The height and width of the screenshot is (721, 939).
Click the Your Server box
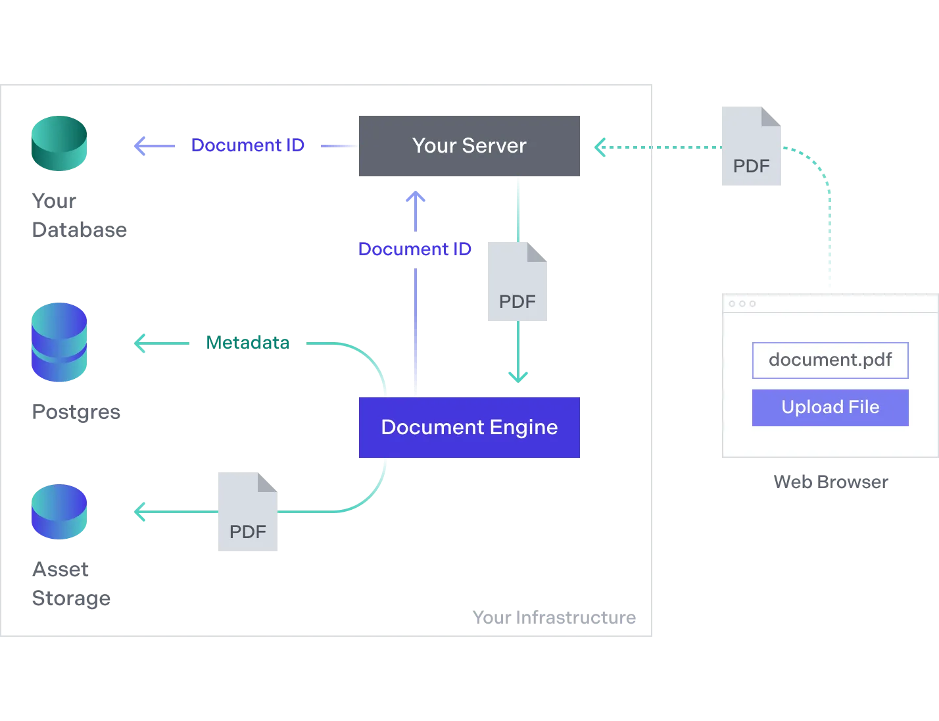tap(470, 147)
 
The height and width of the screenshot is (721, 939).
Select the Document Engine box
tap(470, 427)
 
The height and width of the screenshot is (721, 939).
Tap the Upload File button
tap(830, 407)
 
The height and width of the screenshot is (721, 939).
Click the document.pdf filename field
tap(830, 360)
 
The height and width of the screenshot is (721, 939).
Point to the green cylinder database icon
tap(60, 144)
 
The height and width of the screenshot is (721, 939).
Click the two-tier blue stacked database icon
tap(60, 342)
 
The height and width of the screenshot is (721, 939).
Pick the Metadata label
tap(247, 343)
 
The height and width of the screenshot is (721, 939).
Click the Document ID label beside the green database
tap(247, 145)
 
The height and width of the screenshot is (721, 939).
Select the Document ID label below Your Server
tap(415, 249)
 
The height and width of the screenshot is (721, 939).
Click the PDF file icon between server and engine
tap(516, 283)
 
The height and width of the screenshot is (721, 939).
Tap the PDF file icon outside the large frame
tap(752, 149)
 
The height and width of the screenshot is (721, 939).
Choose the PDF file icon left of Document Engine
tap(247, 511)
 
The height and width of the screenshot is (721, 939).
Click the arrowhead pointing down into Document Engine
tap(518, 377)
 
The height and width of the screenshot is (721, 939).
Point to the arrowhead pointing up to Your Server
tap(415, 197)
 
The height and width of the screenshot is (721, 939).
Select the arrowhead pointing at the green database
tap(139, 145)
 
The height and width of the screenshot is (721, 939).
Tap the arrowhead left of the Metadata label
tap(139, 343)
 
